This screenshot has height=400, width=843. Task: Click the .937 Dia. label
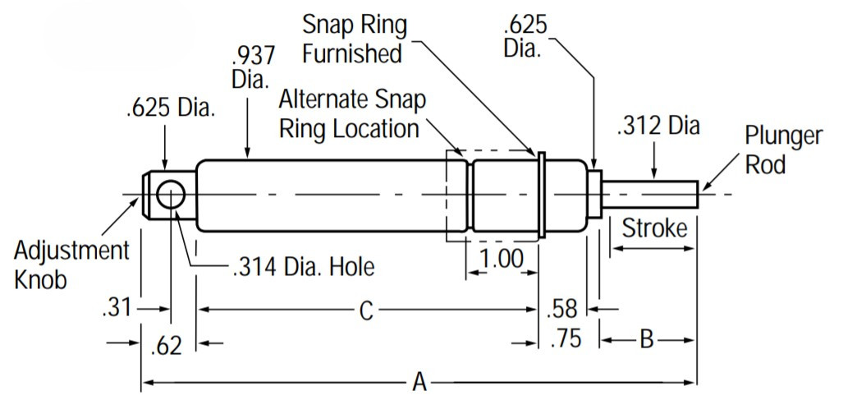[x=251, y=68]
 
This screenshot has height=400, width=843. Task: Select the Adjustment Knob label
[x=71, y=264]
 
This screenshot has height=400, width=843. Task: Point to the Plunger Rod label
[x=783, y=149]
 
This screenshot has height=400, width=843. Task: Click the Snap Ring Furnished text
[x=354, y=39]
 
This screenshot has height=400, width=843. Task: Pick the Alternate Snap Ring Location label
[x=353, y=113]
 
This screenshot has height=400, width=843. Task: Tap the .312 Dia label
[x=658, y=126]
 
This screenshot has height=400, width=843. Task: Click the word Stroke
[x=653, y=228]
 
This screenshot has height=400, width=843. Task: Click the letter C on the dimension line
[x=366, y=310]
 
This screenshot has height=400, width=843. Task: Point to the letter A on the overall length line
[x=419, y=382]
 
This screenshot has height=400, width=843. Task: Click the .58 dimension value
[x=562, y=309]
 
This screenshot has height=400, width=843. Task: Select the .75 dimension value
[x=566, y=339]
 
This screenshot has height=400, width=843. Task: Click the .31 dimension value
[x=117, y=309]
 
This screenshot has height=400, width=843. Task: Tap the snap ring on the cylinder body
[x=542, y=195]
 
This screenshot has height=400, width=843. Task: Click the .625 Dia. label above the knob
[x=171, y=109]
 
